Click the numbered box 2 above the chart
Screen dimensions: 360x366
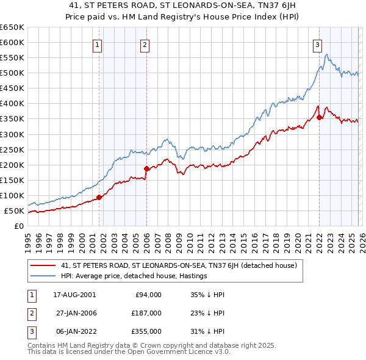[145, 44]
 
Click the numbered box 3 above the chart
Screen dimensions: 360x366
[318, 44]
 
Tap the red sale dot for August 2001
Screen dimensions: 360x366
[99, 197]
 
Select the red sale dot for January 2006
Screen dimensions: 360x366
[146, 168]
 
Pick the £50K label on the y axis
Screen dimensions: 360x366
[14, 211]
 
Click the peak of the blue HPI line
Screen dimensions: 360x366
[327, 55]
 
